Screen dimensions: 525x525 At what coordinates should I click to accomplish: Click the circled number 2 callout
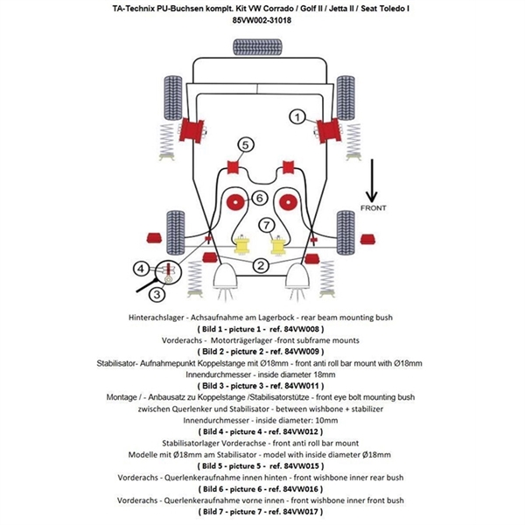click(x=260, y=264)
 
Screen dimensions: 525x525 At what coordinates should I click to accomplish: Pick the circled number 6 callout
click(x=260, y=199)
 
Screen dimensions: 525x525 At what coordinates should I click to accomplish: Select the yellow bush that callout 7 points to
click(x=280, y=246)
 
